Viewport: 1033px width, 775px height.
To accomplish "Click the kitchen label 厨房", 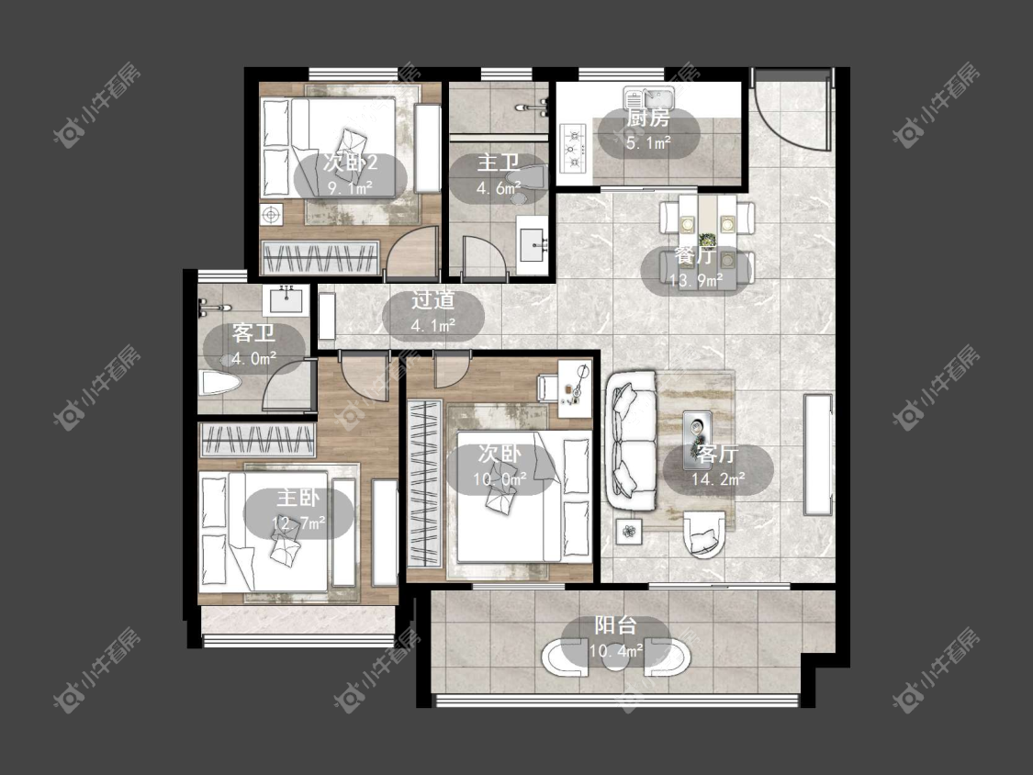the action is tap(648, 118).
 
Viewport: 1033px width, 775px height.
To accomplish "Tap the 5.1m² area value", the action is tap(648, 142).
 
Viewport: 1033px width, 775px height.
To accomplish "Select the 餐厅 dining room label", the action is tap(696, 255).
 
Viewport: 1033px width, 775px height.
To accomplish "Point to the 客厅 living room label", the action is tap(717, 454).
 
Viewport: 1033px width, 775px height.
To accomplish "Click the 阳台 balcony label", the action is tap(616, 624).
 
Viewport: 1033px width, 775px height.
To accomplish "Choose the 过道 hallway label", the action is tap(432, 300).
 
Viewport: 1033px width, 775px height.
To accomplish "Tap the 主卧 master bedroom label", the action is tap(298, 498).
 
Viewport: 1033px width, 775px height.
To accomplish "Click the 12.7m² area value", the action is tap(298, 523).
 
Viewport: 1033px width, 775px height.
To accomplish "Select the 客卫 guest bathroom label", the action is tap(253, 333).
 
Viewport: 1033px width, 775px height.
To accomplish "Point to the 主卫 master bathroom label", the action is tap(499, 163).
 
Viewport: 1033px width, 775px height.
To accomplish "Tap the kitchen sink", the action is tap(649, 99).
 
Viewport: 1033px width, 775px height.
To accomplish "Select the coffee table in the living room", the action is tap(697, 431).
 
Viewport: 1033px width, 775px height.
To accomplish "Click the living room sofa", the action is tap(632, 440).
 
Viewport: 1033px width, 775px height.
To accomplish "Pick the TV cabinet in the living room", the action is tap(818, 454).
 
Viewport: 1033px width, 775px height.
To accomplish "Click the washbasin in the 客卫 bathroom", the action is tap(286, 300).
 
